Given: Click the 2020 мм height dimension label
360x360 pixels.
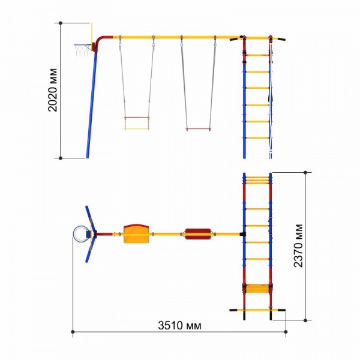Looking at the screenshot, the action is coord(53,90).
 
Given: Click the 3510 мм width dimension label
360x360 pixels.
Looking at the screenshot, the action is coord(179,326).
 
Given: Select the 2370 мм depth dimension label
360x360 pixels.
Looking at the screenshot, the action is coord(298,245).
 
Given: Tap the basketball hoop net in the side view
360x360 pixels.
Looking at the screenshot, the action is coord(82,50).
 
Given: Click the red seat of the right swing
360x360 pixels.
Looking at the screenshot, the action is coord(198,129).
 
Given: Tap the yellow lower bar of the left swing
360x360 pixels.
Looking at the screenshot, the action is coord(137,129).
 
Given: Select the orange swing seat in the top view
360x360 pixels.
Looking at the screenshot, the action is coord(136,234).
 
